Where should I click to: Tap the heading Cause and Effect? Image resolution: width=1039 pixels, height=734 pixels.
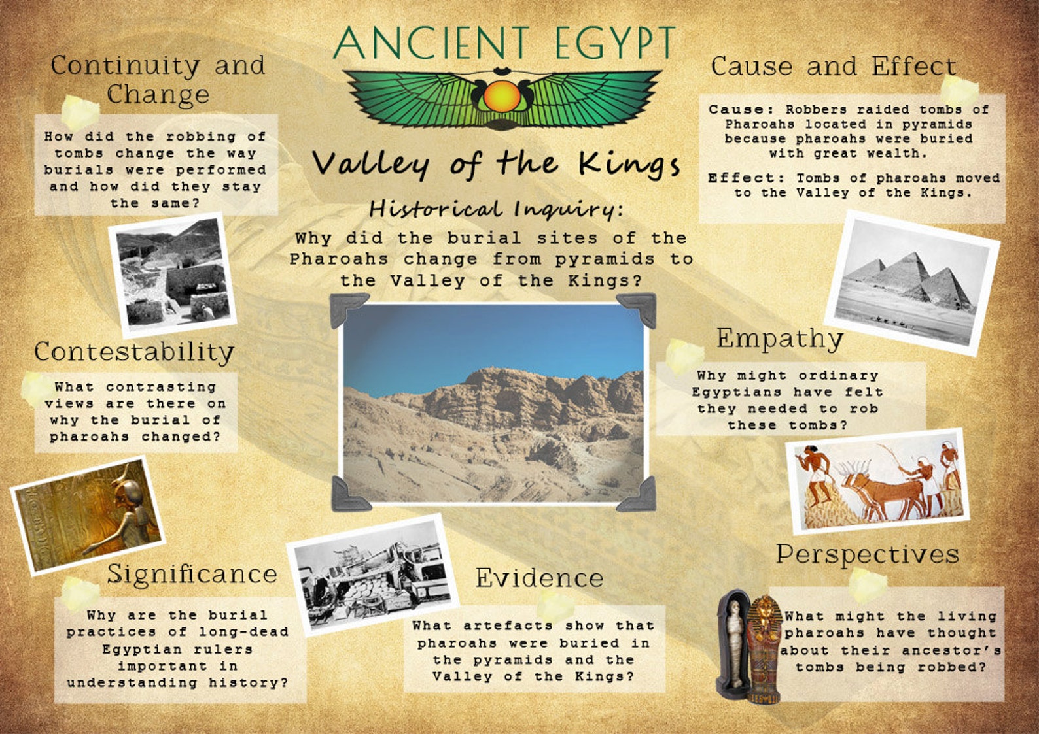point(833,67)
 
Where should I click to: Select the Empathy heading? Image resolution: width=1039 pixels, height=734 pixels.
point(779,339)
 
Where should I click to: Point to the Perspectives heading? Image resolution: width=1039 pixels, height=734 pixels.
point(868,554)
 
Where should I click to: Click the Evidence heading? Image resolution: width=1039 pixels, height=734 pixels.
point(539,578)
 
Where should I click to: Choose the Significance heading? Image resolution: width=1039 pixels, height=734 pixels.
point(192,574)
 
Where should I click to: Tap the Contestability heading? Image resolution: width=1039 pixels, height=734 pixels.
point(134,352)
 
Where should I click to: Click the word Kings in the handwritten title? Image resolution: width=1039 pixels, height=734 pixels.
point(629,163)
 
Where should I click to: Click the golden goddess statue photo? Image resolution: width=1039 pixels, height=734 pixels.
point(88,515)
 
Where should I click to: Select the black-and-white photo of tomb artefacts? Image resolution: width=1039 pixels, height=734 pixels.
point(372,575)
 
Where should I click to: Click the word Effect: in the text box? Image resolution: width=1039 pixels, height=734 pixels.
point(745,178)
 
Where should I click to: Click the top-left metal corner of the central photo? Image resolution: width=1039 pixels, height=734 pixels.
point(347,310)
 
